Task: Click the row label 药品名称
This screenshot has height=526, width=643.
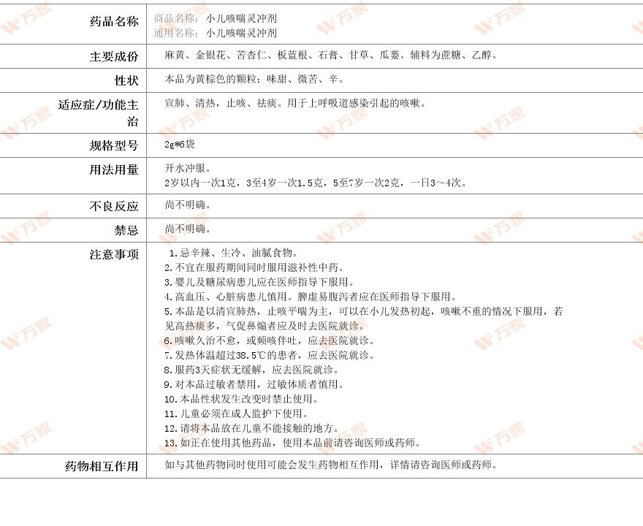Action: [113, 22]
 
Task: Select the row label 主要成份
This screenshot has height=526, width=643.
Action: [113, 56]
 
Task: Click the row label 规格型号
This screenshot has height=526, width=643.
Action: [113, 146]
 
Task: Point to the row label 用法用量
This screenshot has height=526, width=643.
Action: [113, 170]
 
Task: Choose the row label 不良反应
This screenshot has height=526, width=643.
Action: [113, 207]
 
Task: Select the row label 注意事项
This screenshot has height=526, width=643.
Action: [113, 255]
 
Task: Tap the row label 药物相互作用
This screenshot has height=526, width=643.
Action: [102, 466]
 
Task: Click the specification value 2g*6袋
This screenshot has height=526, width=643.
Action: [180, 145]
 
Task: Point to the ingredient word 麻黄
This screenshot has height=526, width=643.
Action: [175, 55]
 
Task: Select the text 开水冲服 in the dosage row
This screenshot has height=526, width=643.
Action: [185, 168]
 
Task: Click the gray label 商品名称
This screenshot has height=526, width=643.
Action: [175, 18]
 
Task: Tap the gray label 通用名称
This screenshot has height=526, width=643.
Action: [175, 33]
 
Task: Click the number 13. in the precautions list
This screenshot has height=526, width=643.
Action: [170, 443]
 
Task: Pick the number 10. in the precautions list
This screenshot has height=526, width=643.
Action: [170, 399]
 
